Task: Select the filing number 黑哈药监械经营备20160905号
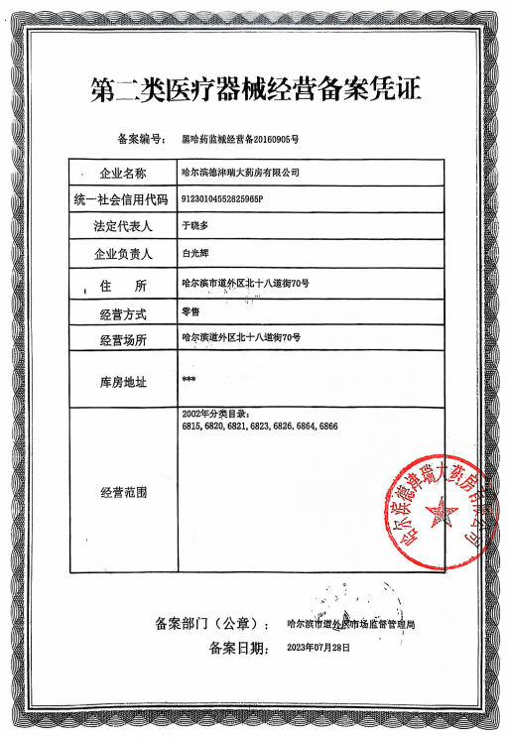(242, 139)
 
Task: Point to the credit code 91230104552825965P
(224, 198)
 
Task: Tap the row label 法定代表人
(123, 227)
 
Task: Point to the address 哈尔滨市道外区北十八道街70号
(246, 284)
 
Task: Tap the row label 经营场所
(123, 340)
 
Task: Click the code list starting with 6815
(260, 425)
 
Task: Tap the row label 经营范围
(123, 492)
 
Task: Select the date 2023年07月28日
(319, 647)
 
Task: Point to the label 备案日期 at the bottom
(239, 648)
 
